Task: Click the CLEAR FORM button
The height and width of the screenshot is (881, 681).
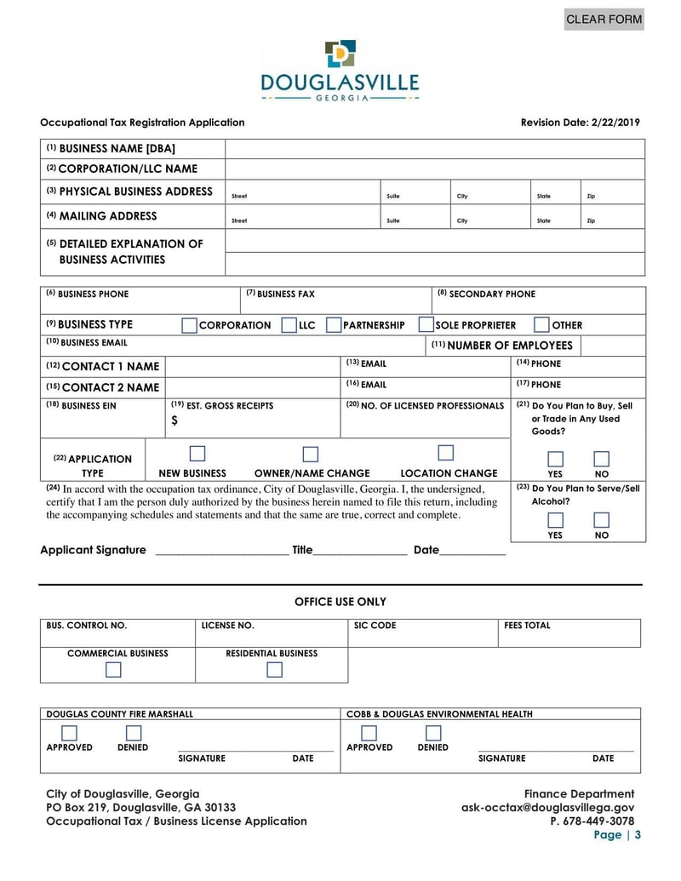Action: (604, 19)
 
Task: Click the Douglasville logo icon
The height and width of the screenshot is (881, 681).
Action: (340, 54)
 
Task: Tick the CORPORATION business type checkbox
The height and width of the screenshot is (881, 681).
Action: (189, 325)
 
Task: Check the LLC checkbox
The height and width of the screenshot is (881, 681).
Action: (289, 325)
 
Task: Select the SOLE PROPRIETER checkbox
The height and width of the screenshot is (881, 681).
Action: (426, 325)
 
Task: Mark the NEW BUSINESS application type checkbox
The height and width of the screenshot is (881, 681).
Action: (197, 454)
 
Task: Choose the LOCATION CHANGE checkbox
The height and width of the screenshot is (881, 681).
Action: (445, 454)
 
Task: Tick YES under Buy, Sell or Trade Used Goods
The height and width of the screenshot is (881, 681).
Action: (555, 459)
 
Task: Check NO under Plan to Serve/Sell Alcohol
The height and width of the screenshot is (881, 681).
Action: (601, 520)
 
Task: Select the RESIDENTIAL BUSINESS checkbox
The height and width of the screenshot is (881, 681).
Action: (274, 670)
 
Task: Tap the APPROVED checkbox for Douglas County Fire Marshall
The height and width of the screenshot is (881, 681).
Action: (69, 733)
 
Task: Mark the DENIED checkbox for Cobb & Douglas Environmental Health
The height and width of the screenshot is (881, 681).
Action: (433, 733)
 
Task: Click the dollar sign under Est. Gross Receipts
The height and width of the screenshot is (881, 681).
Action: (175, 420)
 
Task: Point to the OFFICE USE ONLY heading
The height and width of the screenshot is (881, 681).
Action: (340, 602)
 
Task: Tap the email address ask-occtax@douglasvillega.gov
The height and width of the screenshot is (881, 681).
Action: (547, 807)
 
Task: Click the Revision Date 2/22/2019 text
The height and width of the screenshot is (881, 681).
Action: (580, 123)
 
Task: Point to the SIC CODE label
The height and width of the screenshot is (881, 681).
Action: (375, 626)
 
